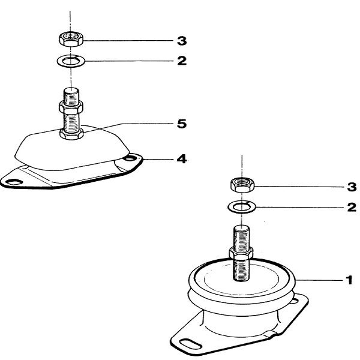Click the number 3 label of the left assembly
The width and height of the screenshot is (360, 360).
181,41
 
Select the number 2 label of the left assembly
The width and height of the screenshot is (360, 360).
181,61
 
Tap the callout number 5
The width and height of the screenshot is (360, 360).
181,124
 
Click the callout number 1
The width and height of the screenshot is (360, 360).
349,279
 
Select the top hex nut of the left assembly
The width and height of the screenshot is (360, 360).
71,40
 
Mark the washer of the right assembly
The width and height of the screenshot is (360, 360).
241,207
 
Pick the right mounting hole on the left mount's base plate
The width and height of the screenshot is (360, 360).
129,160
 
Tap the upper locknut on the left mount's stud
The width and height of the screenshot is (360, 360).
71,108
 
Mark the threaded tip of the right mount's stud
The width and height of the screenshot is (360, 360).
241,231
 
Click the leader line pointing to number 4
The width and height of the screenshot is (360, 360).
159,160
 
